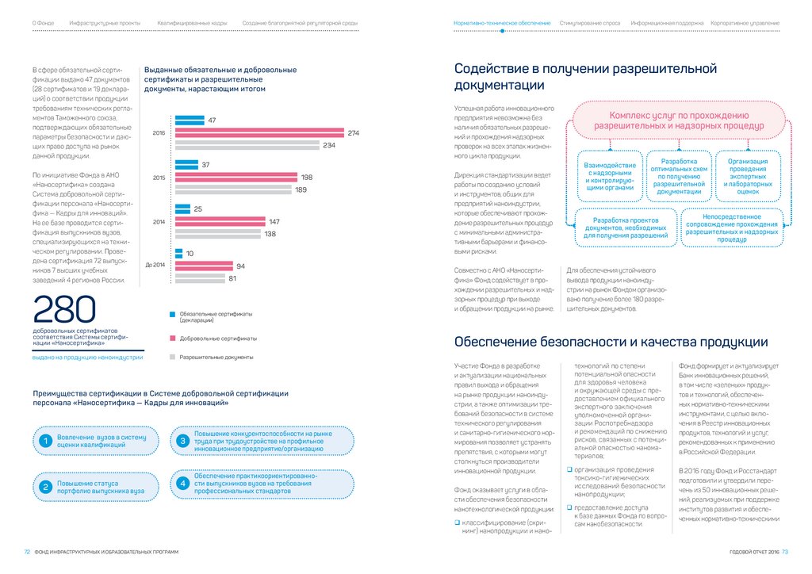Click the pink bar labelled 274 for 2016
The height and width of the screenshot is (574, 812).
(x=260, y=132)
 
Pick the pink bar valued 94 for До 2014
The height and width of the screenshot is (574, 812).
(x=204, y=266)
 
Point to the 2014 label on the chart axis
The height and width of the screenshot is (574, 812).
(x=158, y=222)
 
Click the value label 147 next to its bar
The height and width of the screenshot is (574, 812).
(x=275, y=222)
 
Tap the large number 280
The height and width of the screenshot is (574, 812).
(x=64, y=309)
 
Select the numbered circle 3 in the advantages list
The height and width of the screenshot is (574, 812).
(x=182, y=440)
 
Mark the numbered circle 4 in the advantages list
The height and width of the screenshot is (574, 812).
(x=182, y=483)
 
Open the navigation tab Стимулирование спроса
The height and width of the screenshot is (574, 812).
(x=589, y=24)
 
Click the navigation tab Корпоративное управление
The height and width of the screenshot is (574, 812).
(x=745, y=24)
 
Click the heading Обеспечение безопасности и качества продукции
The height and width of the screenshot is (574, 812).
(x=611, y=342)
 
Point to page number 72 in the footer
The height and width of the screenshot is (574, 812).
(x=26, y=552)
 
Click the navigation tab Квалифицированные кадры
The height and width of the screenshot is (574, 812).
(x=192, y=24)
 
